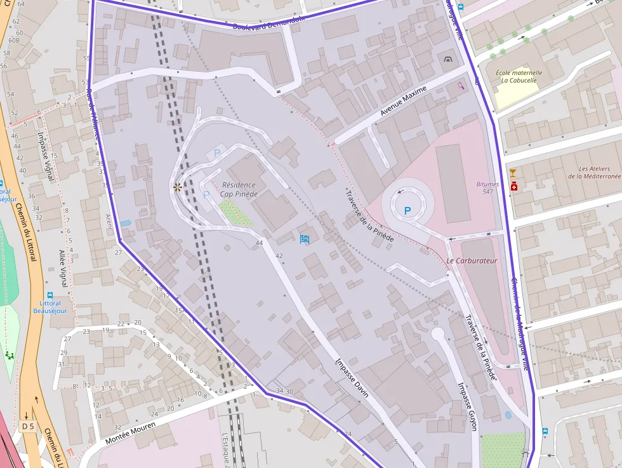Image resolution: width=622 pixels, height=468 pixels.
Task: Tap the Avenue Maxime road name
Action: click(x=403, y=102)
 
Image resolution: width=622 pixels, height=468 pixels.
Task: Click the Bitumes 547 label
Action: click(x=487, y=188)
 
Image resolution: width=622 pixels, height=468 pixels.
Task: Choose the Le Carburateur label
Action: click(x=472, y=260)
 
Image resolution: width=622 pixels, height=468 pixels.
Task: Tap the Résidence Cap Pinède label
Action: click(x=239, y=189)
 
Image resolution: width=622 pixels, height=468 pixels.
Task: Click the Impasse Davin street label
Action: click(x=352, y=378)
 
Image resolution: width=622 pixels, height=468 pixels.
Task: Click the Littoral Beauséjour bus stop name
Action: click(x=50, y=307)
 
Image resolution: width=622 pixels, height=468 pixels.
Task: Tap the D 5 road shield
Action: click(x=27, y=427)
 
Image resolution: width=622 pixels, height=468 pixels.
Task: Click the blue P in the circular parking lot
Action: click(x=407, y=210)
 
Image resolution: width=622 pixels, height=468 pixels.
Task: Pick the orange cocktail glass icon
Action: click(x=513, y=173)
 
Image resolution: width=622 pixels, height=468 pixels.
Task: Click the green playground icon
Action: click(x=10, y=354)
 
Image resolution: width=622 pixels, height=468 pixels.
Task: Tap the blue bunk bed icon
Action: click(x=305, y=239)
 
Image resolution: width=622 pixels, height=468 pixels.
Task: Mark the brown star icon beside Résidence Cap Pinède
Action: click(x=178, y=187)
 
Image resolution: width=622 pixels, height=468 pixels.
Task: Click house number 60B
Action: click(x=14, y=41)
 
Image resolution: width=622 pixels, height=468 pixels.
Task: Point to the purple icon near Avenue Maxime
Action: click(x=460, y=86)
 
